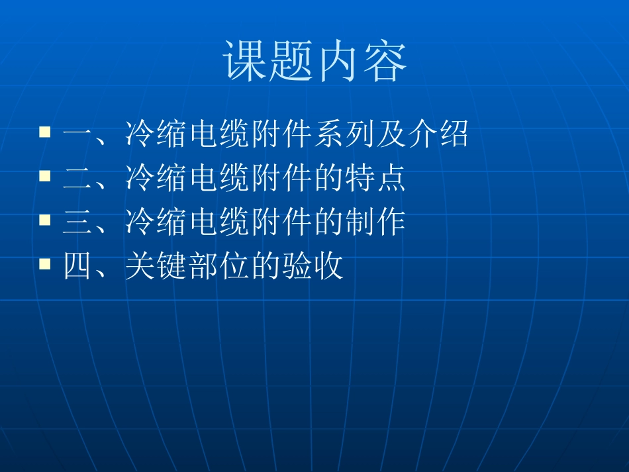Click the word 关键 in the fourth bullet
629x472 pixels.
pyautogui.click(x=156, y=267)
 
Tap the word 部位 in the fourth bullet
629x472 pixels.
pyautogui.click(x=219, y=267)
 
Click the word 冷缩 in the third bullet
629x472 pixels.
pyautogui.click(x=156, y=223)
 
